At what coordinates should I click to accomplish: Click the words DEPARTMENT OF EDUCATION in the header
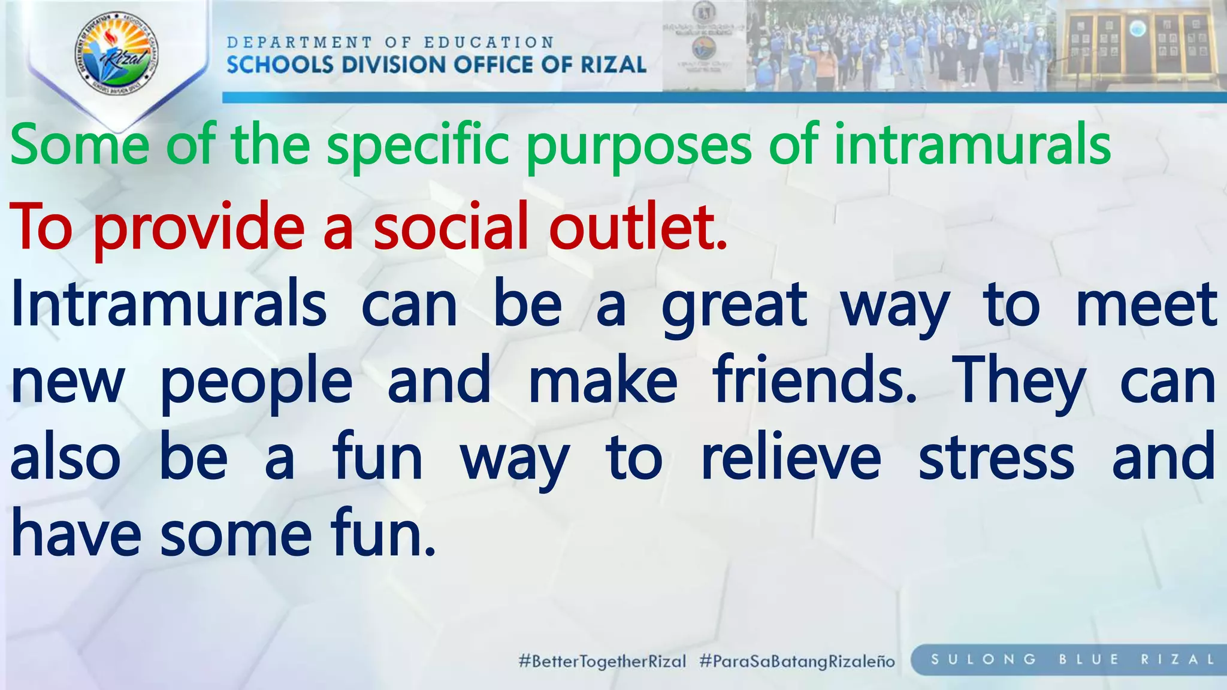pyautogui.click(x=390, y=43)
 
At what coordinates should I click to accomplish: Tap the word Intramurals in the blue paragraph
pyautogui.click(x=169, y=304)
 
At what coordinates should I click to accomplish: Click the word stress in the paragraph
pyautogui.click(x=996, y=459)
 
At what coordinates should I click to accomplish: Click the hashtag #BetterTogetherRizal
pyautogui.click(x=602, y=661)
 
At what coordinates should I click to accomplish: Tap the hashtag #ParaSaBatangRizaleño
pyautogui.click(x=797, y=661)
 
